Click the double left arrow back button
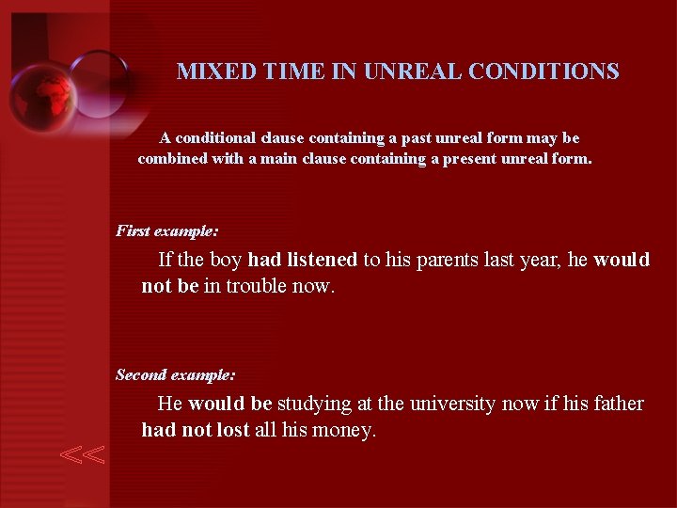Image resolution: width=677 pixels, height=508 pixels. pyautogui.click(x=83, y=455)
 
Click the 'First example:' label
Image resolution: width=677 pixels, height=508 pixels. pyautogui.click(x=167, y=230)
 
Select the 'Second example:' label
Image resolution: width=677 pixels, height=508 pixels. pyautogui.click(x=176, y=374)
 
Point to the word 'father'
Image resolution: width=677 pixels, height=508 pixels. pyautogui.click(x=619, y=404)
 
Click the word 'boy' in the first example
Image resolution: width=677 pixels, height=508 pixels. pyautogui.click(x=226, y=260)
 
